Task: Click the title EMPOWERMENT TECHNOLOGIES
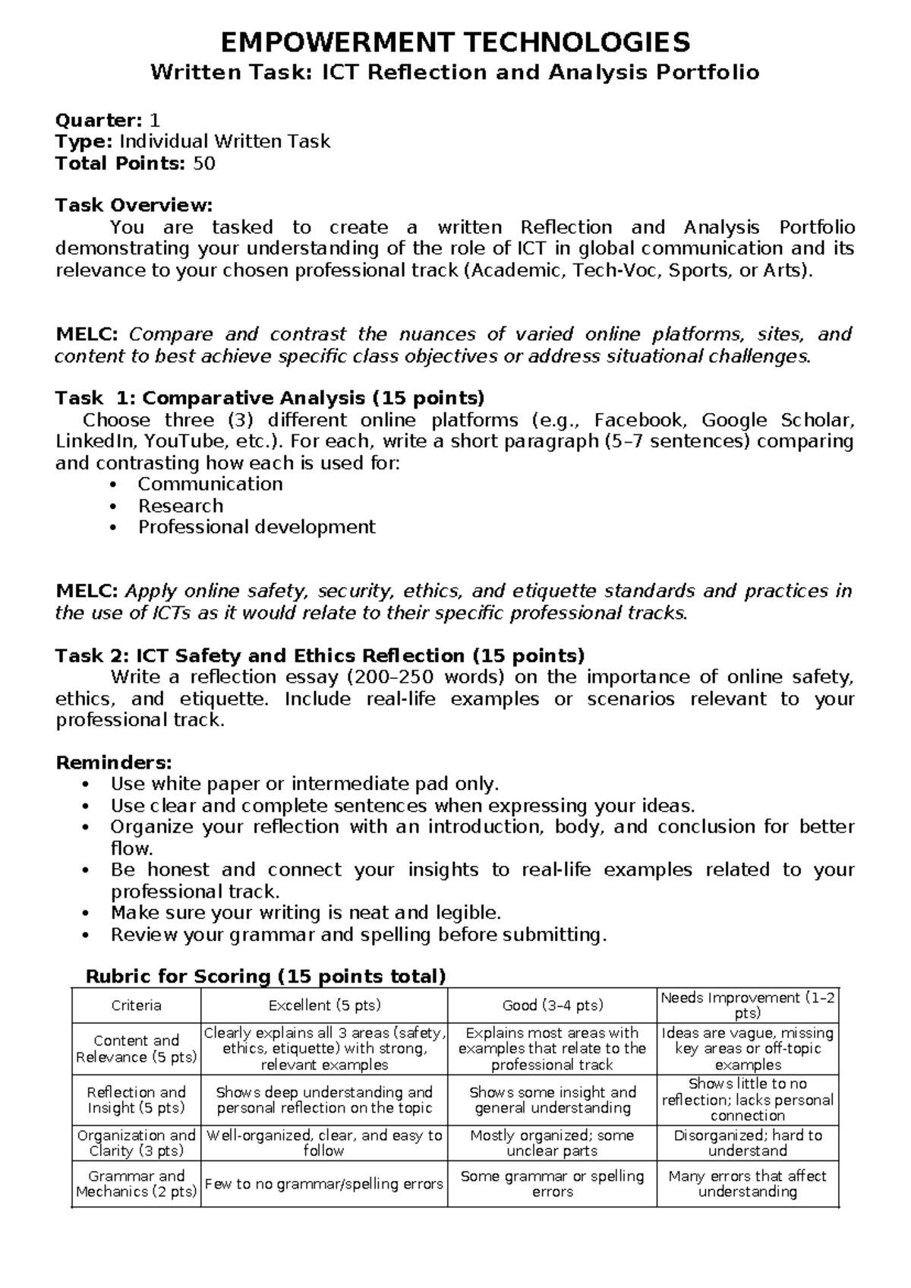(455, 42)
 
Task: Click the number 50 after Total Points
(204, 163)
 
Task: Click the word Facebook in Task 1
(638, 420)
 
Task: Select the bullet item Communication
(210, 485)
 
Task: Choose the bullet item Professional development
(257, 527)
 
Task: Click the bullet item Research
(181, 506)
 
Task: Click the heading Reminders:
(115, 762)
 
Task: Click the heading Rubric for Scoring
(266, 976)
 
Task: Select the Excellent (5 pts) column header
(324, 1005)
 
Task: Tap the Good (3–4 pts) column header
(552, 1005)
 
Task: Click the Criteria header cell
(137, 1005)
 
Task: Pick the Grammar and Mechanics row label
(137, 1183)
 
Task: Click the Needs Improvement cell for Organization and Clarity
(747, 1142)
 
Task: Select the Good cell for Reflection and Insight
(552, 1100)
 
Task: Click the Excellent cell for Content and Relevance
(324, 1048)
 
